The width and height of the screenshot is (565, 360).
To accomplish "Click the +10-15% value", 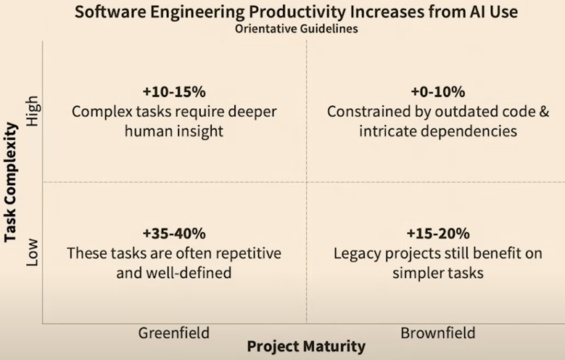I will [174, 92].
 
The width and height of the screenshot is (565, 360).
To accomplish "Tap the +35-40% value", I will [174, 234].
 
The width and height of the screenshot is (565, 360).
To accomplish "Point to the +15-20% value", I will [437, 234].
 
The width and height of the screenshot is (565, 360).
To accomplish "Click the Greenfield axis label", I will [173, 332].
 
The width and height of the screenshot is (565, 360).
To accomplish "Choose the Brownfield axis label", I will [437, 332].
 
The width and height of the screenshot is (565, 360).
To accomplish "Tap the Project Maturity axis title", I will [305, 346].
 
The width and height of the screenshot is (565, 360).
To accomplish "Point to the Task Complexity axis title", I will [11, 181].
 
